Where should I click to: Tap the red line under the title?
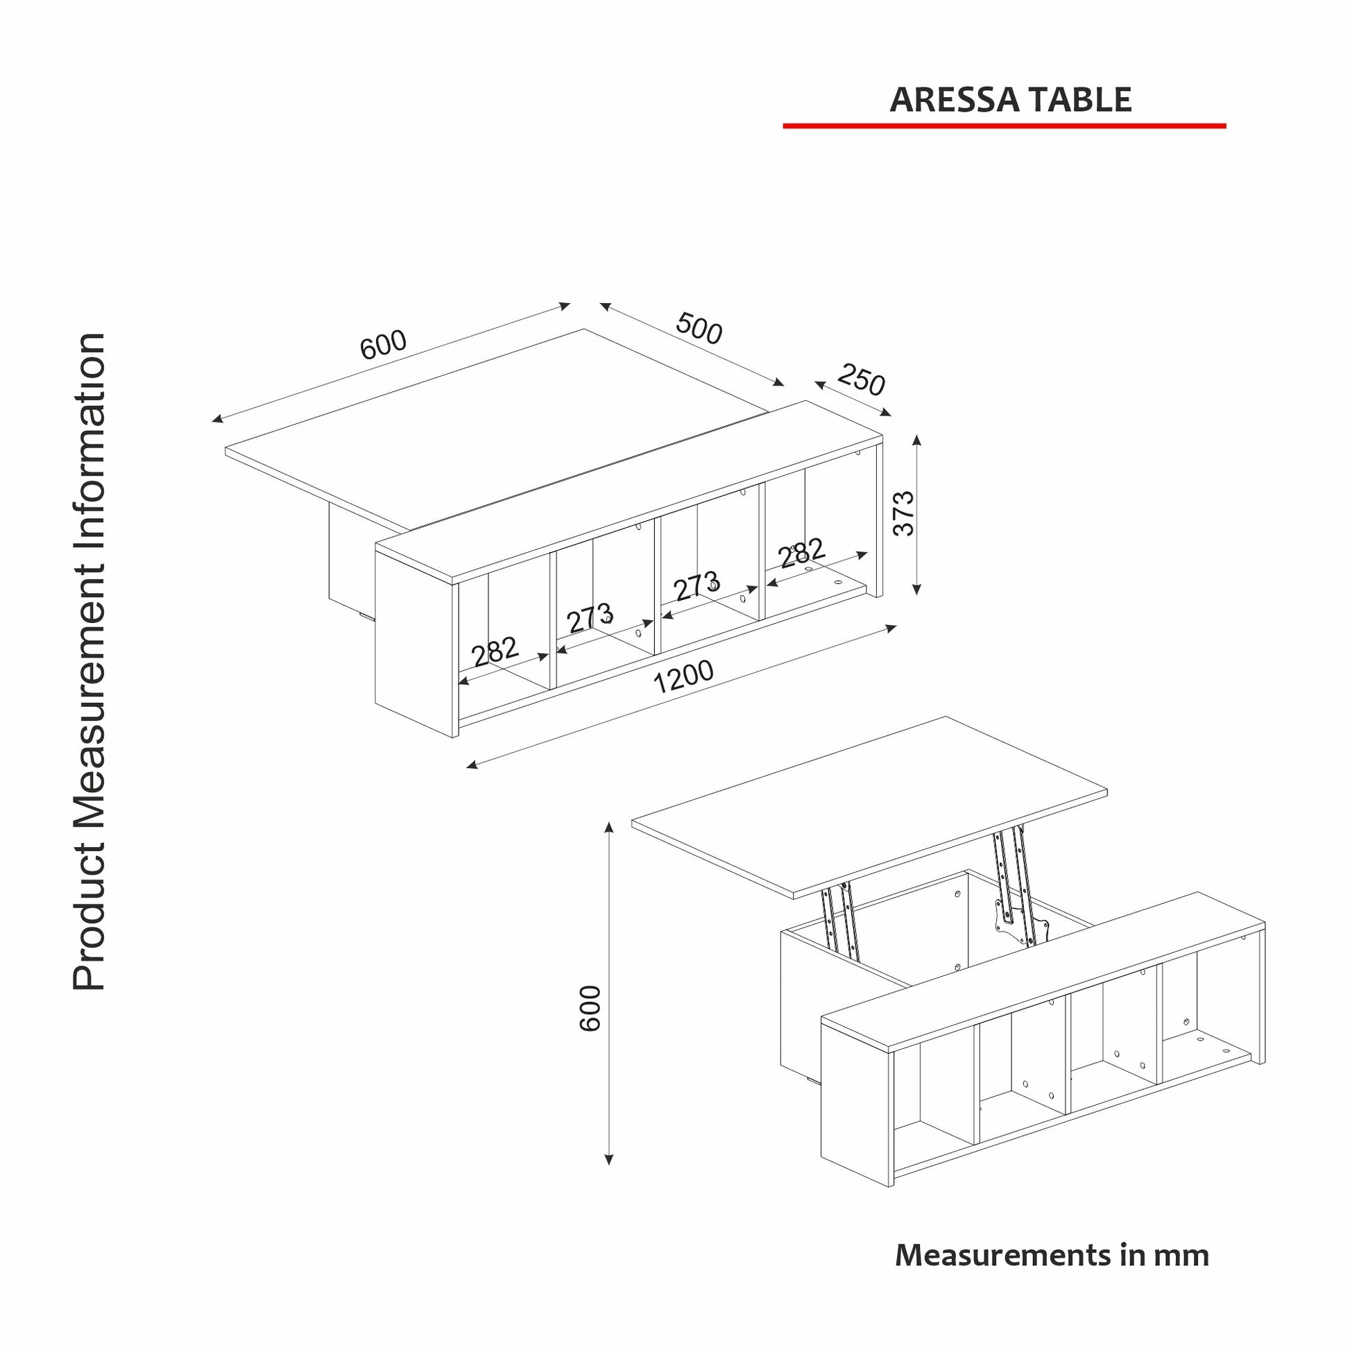tap(1004, 126)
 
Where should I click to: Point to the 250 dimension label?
tap(861, 379)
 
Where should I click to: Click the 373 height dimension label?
tap(904, 513)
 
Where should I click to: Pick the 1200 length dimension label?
tap(683, 676)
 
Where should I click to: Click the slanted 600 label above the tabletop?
tap(383, 345)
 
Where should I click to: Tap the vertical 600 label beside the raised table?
tap(590, 1008)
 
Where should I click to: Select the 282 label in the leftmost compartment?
tap(495, 652)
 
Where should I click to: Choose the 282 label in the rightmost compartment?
tap(802, 553)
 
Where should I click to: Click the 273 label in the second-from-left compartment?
tap(590, 617)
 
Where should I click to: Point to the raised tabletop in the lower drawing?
tap(869, 807)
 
